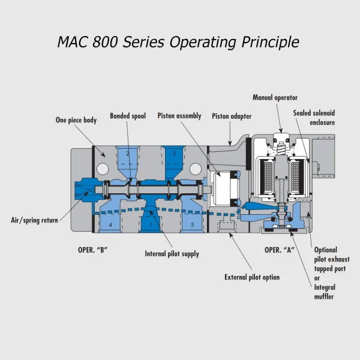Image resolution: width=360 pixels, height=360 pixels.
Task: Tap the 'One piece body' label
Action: pyautogui.click(x=76, y=120)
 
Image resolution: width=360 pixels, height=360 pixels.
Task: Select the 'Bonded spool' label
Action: pyautogui.click(x=128, y=116)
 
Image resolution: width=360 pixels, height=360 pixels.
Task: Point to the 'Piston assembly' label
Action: pyautogui.click(x=179, y=116)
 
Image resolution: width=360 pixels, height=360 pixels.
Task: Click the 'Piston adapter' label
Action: pyautogui.click(x=232, y=116)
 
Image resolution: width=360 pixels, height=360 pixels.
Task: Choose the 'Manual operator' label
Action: pyautogui.click(x=275, y=97)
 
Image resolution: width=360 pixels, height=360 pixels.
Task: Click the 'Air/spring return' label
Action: pyautogui.click(x=34, y=220)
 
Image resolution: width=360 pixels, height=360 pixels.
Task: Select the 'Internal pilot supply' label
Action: pyautogui.click(x=172, y=254)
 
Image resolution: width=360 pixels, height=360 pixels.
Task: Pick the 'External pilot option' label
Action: pyautogui.click(x=252, y=277)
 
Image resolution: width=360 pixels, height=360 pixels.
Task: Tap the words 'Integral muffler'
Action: pyautogui.click(x=325, y=292)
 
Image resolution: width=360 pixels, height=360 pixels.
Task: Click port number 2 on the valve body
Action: pyautogui.click(x=128, y=154)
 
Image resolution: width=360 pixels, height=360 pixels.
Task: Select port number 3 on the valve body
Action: pyautogui.click(x=174, y=154)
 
